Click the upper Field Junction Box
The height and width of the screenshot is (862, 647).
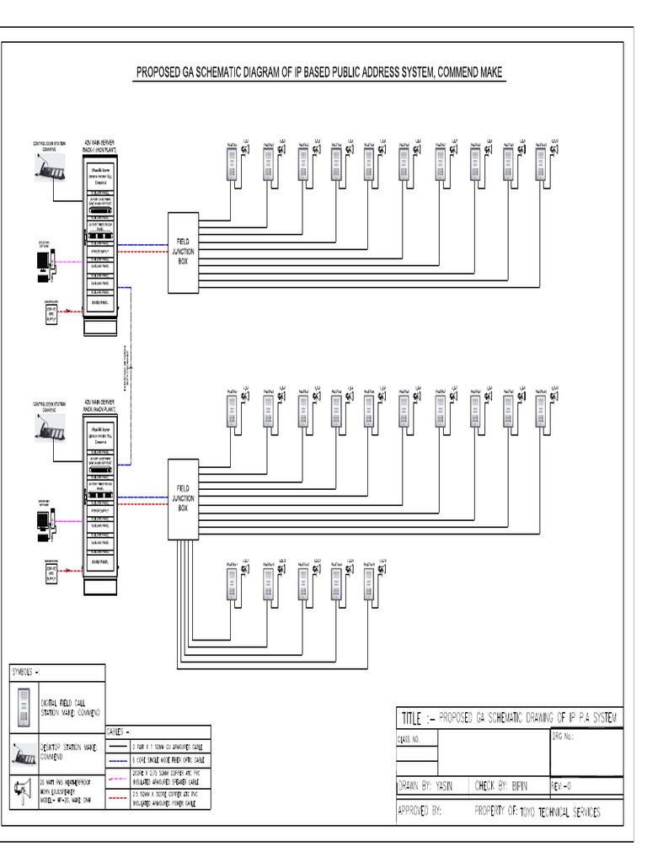183,252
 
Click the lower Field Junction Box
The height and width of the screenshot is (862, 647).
183,499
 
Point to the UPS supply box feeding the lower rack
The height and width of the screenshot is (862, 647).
51,572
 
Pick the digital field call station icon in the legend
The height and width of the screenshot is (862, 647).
24,705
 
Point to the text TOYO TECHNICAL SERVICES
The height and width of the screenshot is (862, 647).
559,812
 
